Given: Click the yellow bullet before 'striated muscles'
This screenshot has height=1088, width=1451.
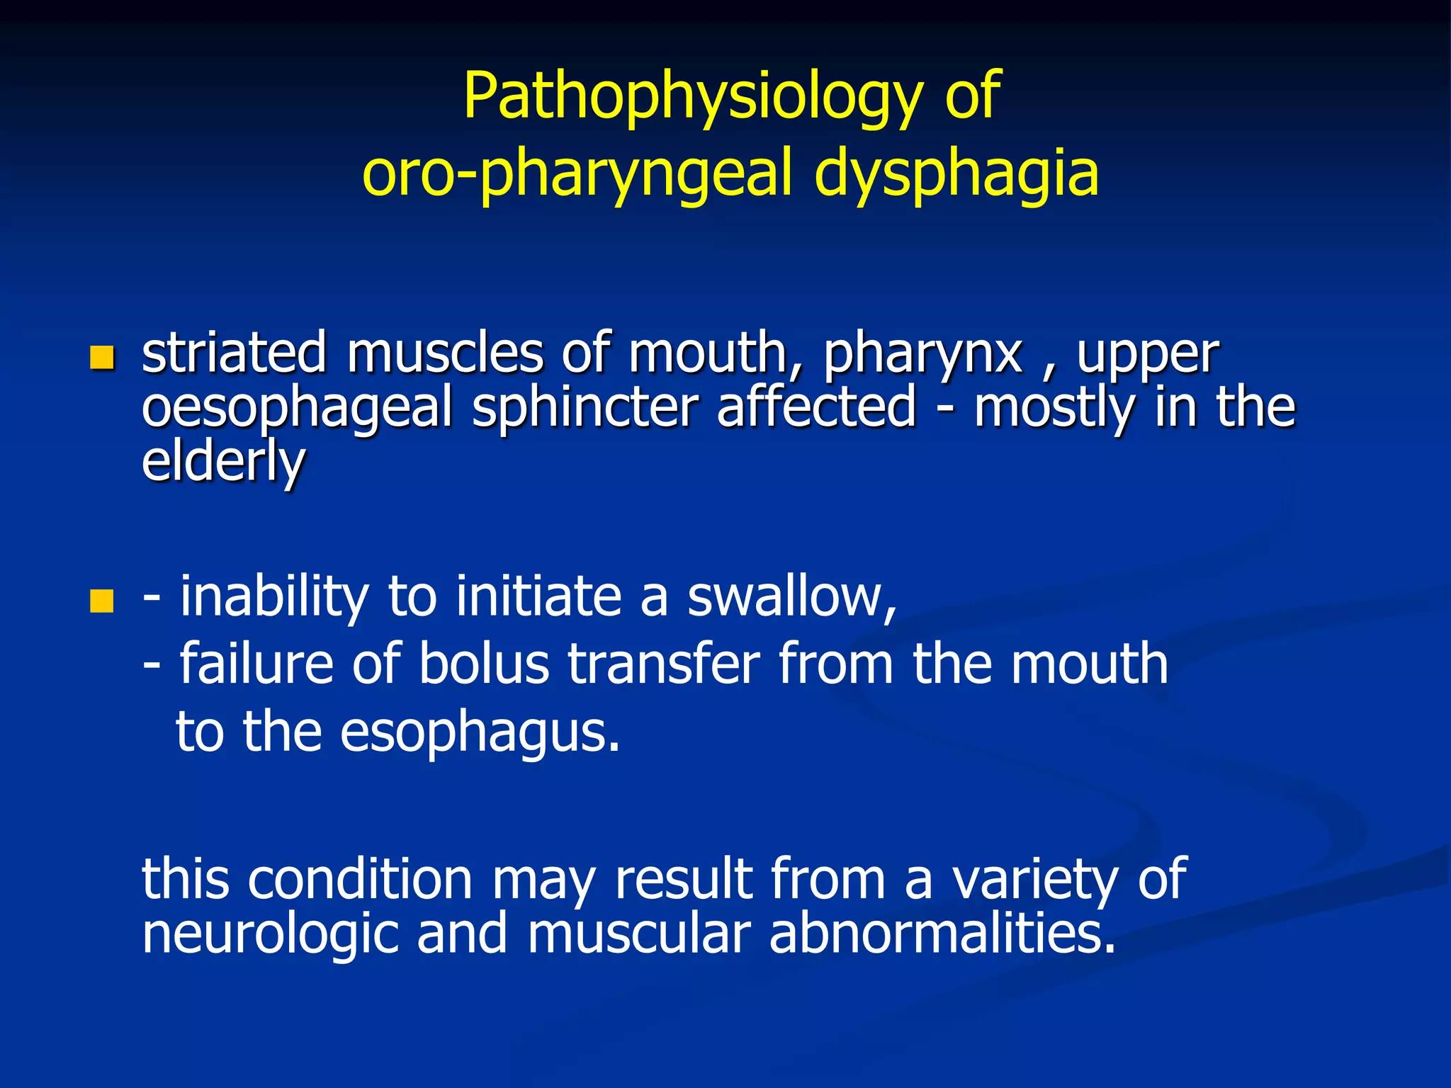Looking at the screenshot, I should [102, 358].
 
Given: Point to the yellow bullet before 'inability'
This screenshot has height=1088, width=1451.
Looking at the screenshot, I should [102, 601].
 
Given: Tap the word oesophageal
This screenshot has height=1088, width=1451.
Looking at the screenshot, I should [297, 409].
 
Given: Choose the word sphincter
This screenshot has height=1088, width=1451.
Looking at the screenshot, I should [585, 409].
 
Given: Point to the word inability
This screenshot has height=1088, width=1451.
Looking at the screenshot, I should [273, 596].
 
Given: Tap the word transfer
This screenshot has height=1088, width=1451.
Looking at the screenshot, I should [664, 664].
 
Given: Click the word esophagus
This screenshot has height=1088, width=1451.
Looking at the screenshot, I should [480, 732].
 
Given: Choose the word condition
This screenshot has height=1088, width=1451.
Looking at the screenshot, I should [360, 879].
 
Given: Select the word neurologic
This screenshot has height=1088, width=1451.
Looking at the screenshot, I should [270, 934].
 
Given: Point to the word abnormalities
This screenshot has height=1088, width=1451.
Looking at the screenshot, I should [942, 933].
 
